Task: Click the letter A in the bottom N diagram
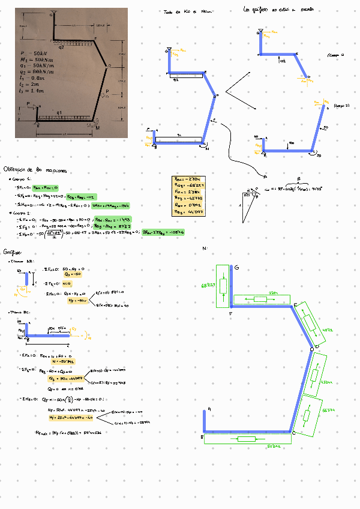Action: [x=208, y=409]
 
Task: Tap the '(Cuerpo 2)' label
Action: [x=340, y=106]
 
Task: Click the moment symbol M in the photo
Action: [x=98, y=127]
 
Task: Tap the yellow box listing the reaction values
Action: [x=187, y=195]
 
